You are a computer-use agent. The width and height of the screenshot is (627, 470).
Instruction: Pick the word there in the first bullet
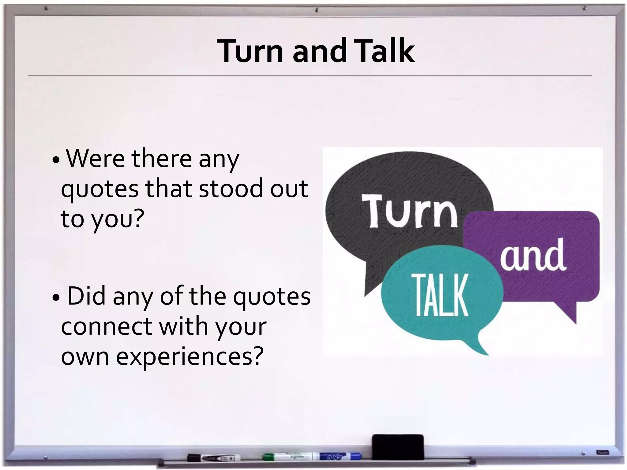tap(161, 159)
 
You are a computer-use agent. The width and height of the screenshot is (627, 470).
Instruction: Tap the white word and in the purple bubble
tap(533, 255)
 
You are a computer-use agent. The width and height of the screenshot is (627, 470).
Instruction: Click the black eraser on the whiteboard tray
tap(398, 446)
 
